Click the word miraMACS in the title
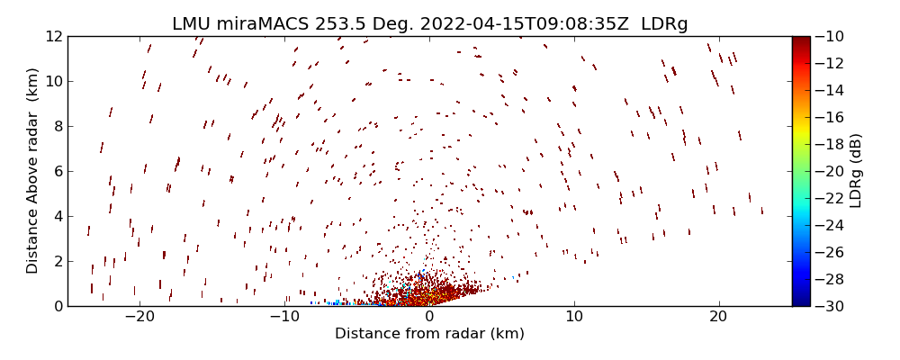pyautogui.click(x=265, y=24)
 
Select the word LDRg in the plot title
pyautogui.click(x=664, y=24)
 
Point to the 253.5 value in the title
pyautogui.click(x=339, y=24)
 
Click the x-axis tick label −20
pyautogui.click(x=139, y=318)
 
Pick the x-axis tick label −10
pyautogui.click(x=283, y=318)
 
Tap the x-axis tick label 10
pyautogui.click(x=573, y=318)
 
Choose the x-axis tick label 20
pyautogui.click(x=718, y=318)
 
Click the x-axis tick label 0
pyautogui.click(x=428, y=318)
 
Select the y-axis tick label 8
pyautogui.click(x=57, y=127)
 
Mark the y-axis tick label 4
pyautogui.click(x=57, y=217)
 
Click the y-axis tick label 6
pyautogui.click(x=57, y=172)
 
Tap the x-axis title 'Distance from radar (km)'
pyautogui.click(x=428, y=334)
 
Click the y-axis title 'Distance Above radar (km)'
pyautogui.click(x=32, y=171)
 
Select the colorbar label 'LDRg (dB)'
pyautogui.click(x=856, y=171)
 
